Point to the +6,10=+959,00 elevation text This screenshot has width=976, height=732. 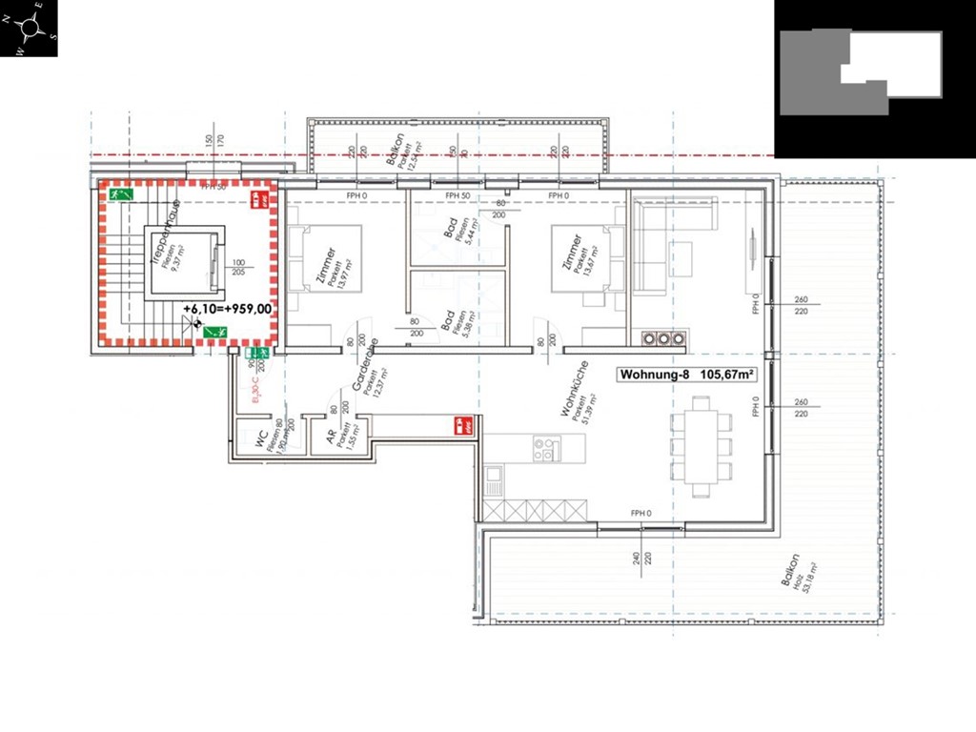(x=227, y=309)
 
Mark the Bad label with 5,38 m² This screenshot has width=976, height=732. (x=449, y=319)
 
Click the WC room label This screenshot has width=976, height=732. (x=260, y=437)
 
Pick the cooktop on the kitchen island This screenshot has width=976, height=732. (x=544, y=449)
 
